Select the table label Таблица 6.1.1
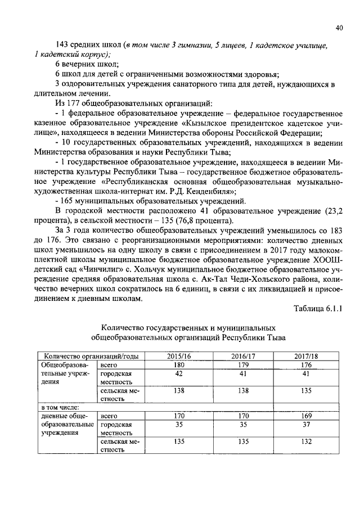coord(318,308)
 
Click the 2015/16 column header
coord(179,355)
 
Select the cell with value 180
coord(179,364)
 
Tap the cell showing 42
coord(179,373)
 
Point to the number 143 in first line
coord(62,44)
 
